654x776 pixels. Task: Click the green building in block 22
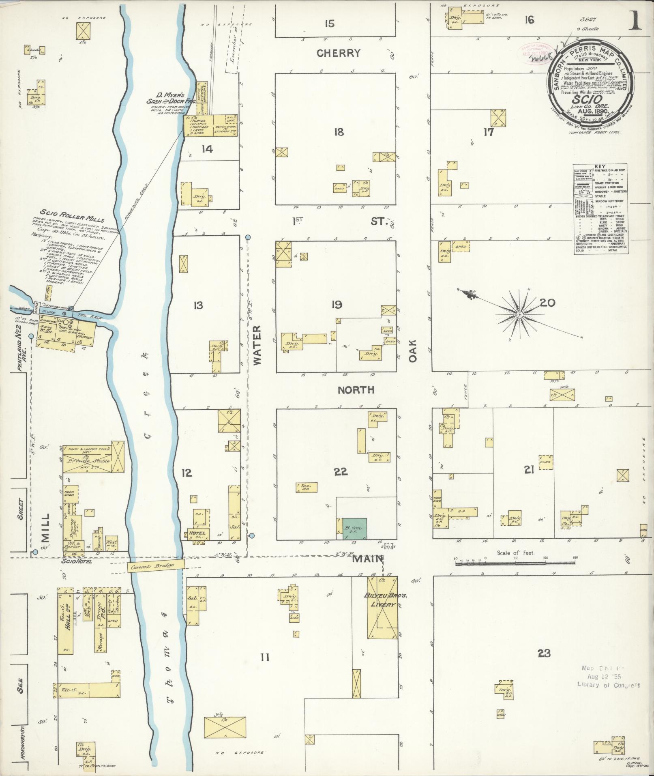pyautogui.click(x=354, y=529)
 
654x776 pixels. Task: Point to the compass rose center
pyautogui.click(x=519, y=314)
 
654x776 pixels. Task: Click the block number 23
pyautogui.click(x=544, y=653)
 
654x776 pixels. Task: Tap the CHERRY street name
pyautogui.click(x=339, y=53)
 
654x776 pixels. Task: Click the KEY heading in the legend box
pyautogui.click(x=599, y=167)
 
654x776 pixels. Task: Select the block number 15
pyautogui.click(x=330, y=24)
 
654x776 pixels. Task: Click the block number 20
pyautogui.click(x=547, y=303)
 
